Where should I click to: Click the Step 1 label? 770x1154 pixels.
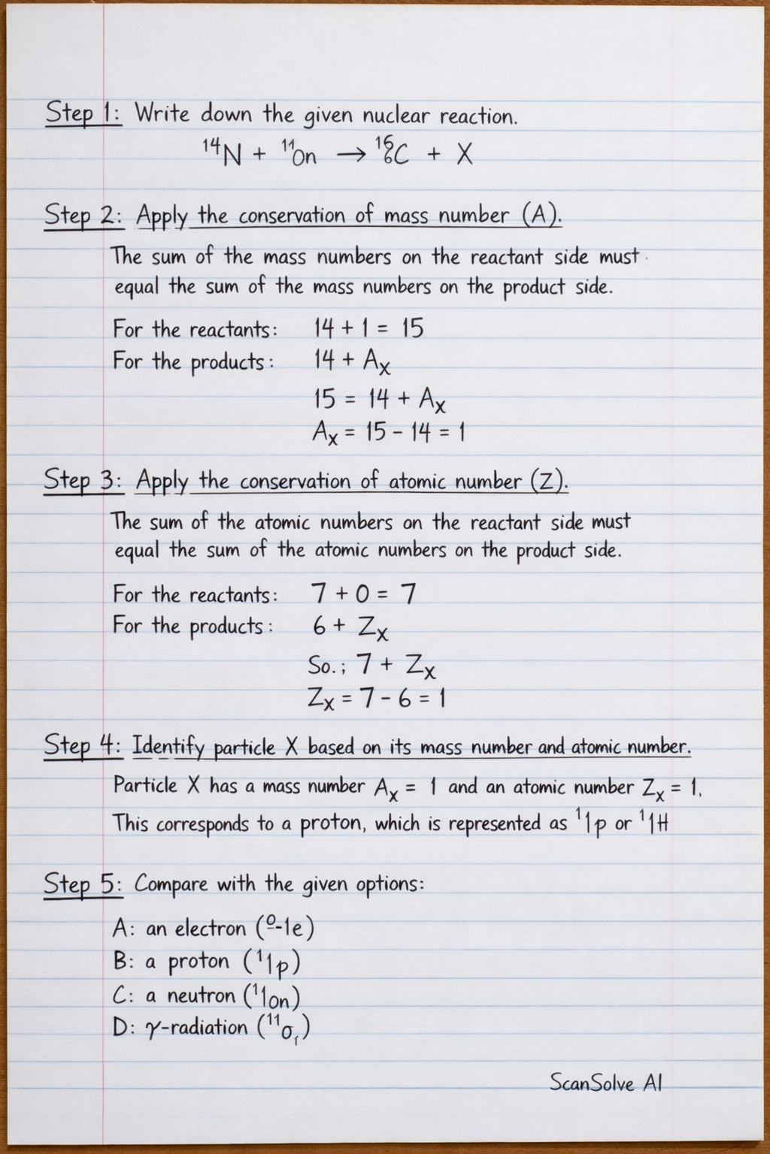82,114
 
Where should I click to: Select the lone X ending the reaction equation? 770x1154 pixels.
465,155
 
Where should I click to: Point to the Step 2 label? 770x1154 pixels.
83,216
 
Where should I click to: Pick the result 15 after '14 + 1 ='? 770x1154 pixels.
412,328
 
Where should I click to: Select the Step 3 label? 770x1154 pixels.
83,481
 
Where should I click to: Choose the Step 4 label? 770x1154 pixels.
82,746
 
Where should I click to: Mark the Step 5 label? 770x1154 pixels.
82,884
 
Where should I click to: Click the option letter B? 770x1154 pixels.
121,962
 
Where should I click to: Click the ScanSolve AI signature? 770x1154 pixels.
605,1083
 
